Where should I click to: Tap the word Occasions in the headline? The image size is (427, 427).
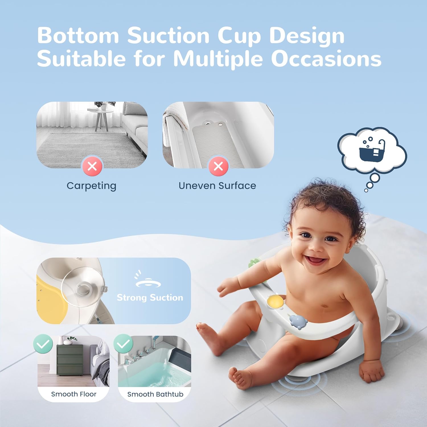[x=326, y=59]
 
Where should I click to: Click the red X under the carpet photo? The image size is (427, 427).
[x=92, y=166]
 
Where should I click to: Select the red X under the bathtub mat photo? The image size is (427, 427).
[x=218, y=166]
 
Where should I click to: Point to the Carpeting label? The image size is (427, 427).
[x=91, y=186]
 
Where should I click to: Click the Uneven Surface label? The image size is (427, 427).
[x=217, y=186]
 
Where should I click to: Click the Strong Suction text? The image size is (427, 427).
[x=150, y=297]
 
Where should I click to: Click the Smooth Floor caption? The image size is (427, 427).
[x=74, y=394]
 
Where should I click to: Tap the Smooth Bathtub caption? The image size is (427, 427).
[x=155, y=394]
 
